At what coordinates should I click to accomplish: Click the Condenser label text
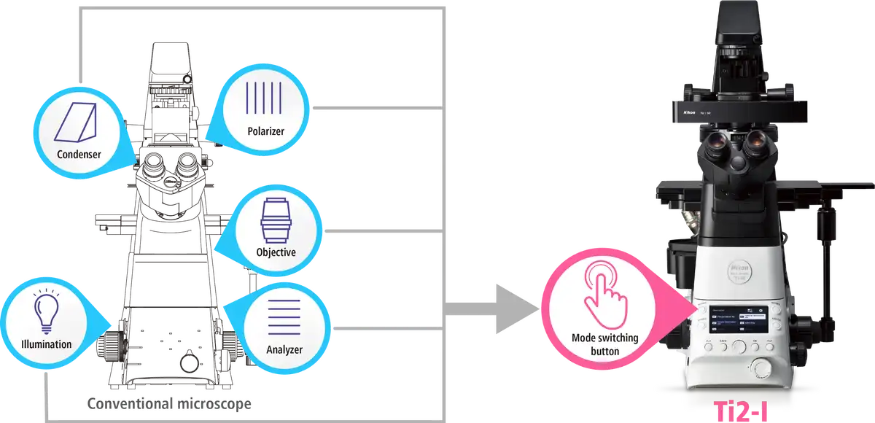tap(79, 154)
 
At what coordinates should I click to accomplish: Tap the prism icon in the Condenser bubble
tap(78, 123)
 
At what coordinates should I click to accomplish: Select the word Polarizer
tap(265, 131)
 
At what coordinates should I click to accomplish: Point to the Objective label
tap(276, 252)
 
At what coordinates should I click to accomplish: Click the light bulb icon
tap(45, 311)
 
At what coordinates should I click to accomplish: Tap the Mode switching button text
tap(605, 344)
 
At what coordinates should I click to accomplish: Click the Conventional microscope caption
tap(171, 403)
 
